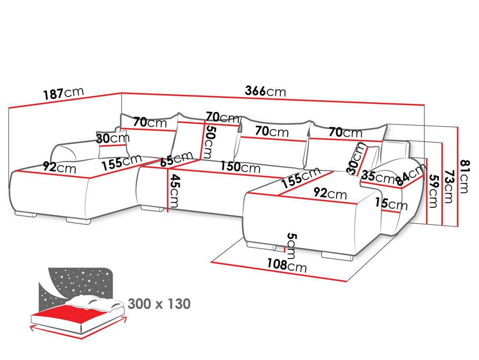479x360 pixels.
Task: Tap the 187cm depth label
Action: [x=63, y=93]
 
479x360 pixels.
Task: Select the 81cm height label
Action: [x=465, y=177]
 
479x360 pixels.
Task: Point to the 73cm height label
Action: [x=449, y=187]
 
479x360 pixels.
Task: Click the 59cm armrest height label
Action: [x=433, y=191]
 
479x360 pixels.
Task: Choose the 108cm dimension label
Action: [x=287, y=265]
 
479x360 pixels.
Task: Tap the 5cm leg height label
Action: [x=291, y=246]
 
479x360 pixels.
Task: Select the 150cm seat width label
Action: [x=240, y=167]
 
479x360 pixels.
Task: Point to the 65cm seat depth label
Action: [x=176, y=159]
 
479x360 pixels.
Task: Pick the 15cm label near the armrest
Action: [x=391, y=204]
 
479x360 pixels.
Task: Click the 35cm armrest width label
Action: [x=377, y=176]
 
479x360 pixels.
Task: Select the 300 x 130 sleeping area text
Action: [x=159, y=304]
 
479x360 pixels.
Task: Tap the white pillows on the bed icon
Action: [x=94, y=303]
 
